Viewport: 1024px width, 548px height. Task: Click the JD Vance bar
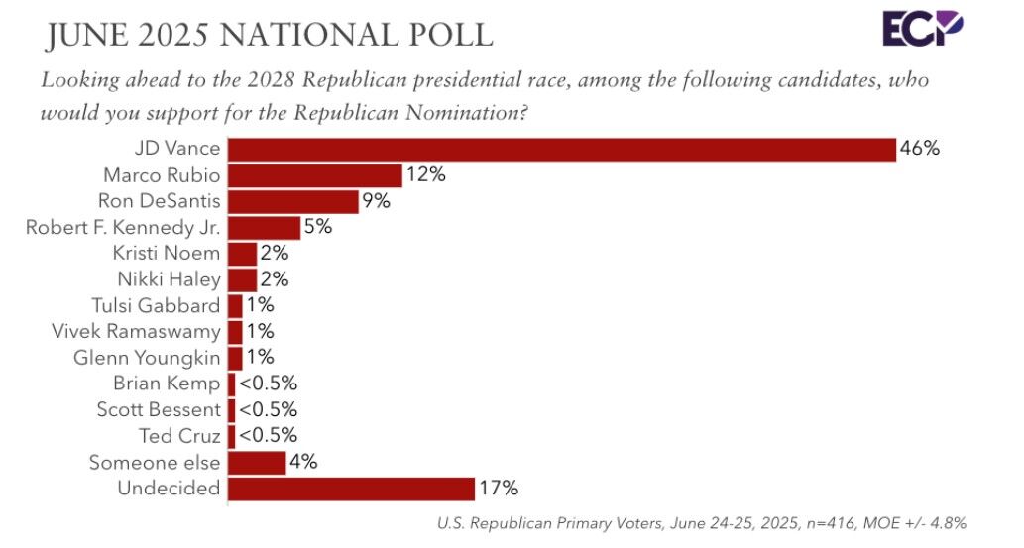click(561, 150)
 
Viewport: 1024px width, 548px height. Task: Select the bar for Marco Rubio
click(315, 175)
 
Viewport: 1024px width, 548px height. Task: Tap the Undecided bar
click(351, 489)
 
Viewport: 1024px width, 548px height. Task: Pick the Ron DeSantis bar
click(293, 201)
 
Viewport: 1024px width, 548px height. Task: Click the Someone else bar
click(257, 463)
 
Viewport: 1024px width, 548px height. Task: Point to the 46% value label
click(919, 150)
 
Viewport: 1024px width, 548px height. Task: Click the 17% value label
click(499, 489)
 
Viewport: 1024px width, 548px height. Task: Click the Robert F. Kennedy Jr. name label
click(123, 228)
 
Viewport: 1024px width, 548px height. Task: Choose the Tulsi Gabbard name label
click(156, 306)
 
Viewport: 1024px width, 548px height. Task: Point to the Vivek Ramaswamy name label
click(136, 332)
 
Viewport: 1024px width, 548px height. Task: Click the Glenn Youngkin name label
click(147, 358)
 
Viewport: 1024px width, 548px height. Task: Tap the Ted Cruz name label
click(179, 436)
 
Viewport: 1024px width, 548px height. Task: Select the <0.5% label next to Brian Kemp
click(267, 384)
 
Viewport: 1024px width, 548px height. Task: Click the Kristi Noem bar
click(243, 254)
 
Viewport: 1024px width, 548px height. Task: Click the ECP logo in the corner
click(922, 28)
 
